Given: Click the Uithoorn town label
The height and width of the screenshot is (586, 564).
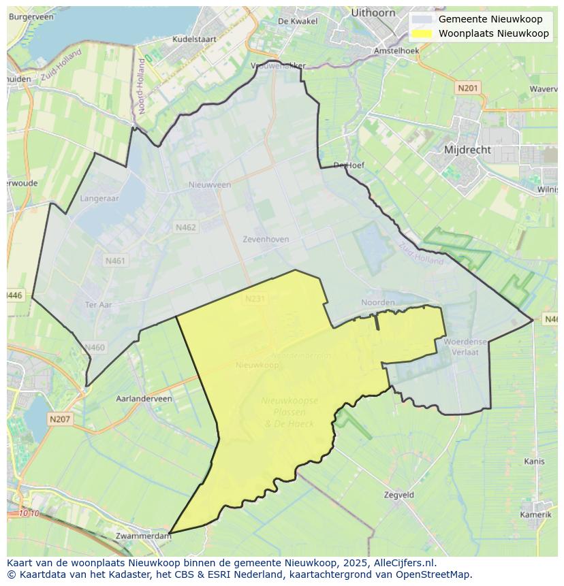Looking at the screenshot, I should (x=373, y=12).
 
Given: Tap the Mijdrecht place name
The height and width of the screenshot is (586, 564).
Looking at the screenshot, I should (x=467, y=149).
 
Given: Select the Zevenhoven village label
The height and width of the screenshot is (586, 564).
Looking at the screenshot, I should (x=266, y=240).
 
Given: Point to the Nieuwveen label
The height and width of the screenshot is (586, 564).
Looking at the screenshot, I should (x=210, y=184).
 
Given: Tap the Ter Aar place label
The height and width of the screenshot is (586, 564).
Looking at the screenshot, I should (x=98, y=305).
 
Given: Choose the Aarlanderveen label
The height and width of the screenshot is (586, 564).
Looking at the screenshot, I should (x=144, y=399).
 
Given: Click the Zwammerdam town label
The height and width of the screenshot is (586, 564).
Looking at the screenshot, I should (x=143, y=536).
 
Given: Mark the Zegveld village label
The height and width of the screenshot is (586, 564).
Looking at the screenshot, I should (x=399, y=495).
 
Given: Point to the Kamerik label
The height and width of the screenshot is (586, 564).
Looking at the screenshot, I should (x=535, y=515).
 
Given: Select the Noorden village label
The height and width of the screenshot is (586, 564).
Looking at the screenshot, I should (x=378, y=302).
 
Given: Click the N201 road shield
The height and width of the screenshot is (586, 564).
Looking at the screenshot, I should (x=468, y=88).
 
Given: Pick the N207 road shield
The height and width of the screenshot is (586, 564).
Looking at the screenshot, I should (x=60, y=419).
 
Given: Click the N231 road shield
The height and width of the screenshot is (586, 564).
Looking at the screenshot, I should (x=254, y=298).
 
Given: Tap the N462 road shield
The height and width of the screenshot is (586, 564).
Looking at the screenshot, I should (x=185, y=227).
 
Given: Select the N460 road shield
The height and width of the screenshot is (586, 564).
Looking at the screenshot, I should (x=95, y=348).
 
